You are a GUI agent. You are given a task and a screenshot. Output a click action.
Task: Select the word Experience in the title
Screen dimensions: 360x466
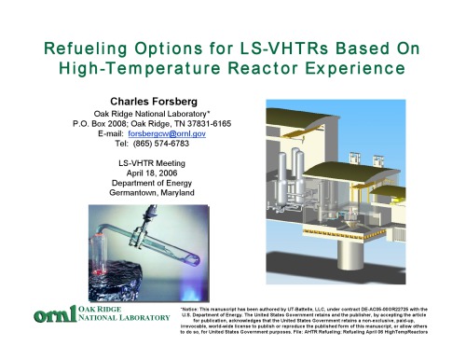364,67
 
